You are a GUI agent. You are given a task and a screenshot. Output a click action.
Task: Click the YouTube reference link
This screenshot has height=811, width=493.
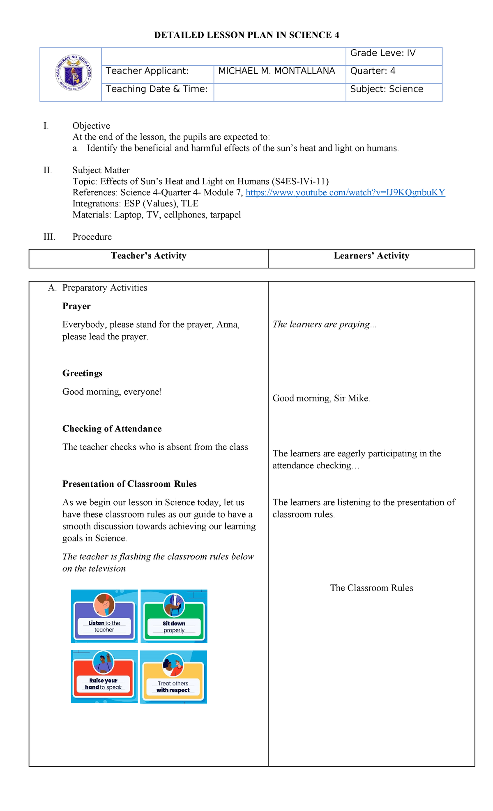(x=345, y=192)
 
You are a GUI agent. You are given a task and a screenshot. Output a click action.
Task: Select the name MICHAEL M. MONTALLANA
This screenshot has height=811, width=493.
(x=276, y=71)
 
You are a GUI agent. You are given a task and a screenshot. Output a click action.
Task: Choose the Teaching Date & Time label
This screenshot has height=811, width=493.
(x=157, y=89)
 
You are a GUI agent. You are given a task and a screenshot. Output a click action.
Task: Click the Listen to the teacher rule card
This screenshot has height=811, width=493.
(x=104, y=616)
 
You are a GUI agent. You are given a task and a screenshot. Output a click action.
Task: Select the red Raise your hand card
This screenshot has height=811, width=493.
(x=104, y=677)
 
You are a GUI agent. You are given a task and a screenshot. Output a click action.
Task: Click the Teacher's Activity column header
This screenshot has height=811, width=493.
(x=148, y=256)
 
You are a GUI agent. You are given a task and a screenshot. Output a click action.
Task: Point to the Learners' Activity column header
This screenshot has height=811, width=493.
(x=371, y=256)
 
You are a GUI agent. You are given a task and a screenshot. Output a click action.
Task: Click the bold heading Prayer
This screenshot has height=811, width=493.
(x=76, y=306)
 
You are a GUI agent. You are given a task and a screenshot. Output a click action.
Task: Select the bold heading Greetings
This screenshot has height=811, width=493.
(x=82, y=373)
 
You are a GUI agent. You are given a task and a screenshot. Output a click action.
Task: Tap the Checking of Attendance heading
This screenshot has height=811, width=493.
(x=112, y=428)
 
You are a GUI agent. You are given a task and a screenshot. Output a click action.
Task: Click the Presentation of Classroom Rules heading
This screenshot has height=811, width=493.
(x=129, y=484)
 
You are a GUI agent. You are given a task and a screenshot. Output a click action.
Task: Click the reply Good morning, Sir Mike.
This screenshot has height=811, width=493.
(x=321, y=398)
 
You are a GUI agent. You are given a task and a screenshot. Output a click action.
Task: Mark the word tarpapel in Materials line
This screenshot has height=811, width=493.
(x=225, y=215)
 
